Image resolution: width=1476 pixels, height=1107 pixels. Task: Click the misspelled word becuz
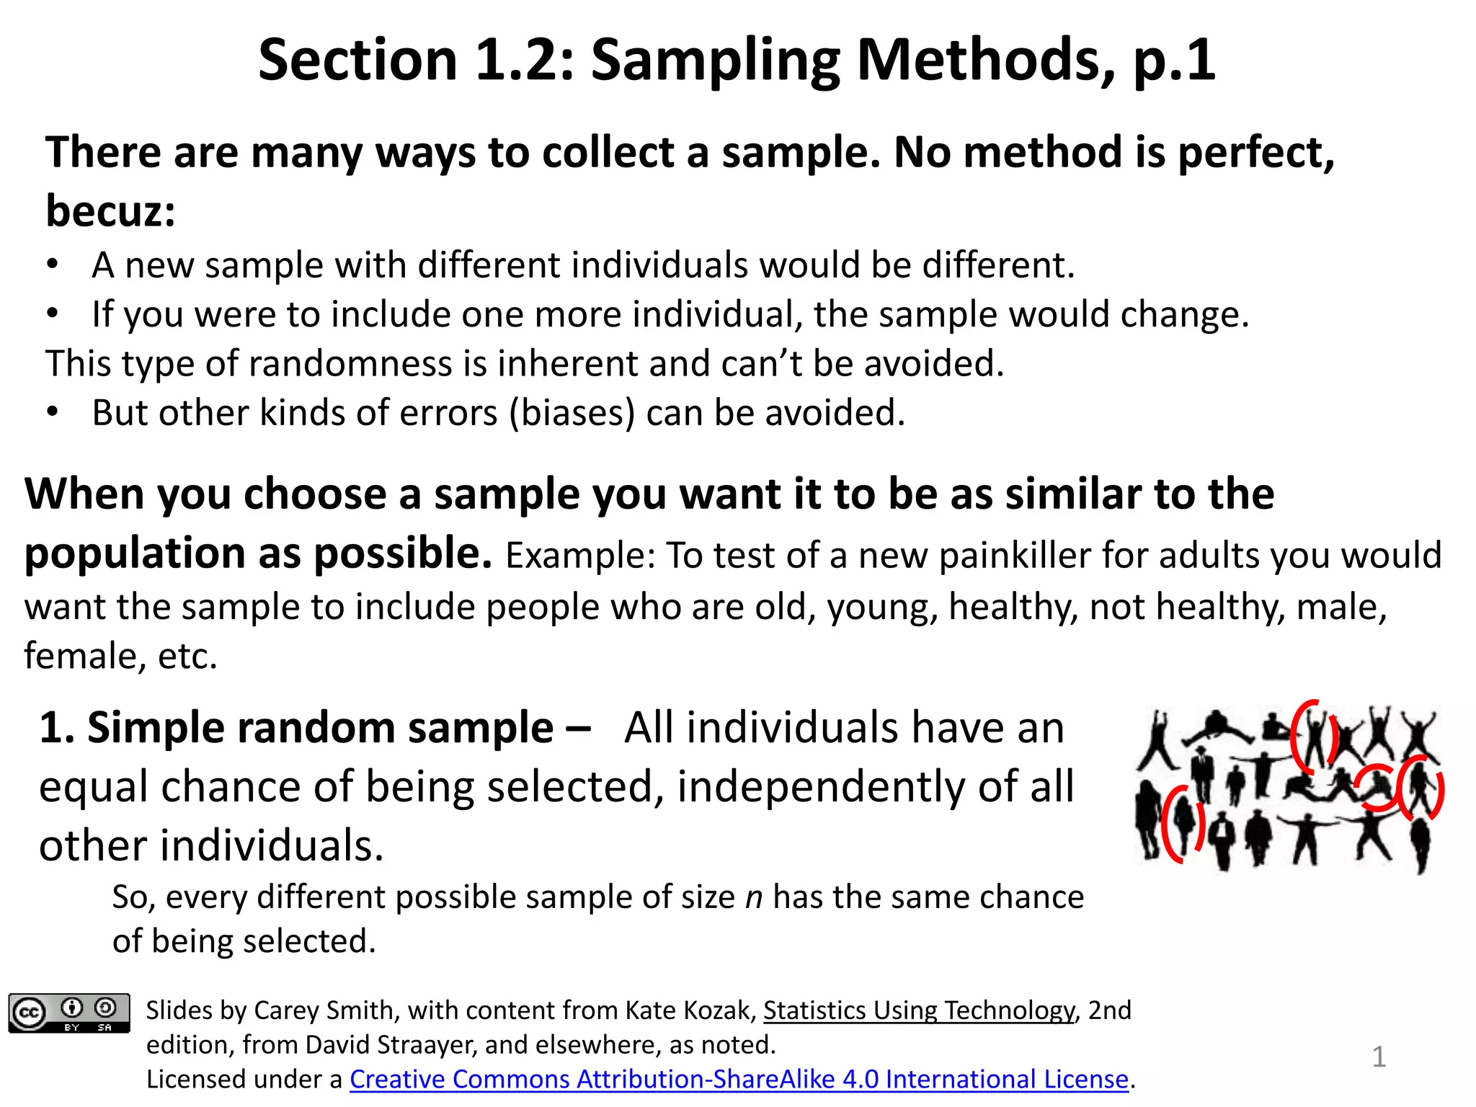click(x=110, y=211)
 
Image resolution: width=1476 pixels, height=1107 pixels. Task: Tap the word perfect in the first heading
click(x=1255, y=153)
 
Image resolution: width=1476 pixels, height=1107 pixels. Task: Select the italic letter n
click(x=753, y=898)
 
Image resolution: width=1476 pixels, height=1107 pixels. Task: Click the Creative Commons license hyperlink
click(x=739, y=1079)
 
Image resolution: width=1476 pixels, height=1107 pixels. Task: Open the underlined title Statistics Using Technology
click(x=919, y=1010)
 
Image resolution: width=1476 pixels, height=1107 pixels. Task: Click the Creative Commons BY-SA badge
click(x=69, y=1013)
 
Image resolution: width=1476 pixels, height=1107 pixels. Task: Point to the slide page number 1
click(x=1379, y=1057)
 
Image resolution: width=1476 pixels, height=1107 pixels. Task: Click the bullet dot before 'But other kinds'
click(x=52, y=412)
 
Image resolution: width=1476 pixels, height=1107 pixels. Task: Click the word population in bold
click(x=135, y=553)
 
